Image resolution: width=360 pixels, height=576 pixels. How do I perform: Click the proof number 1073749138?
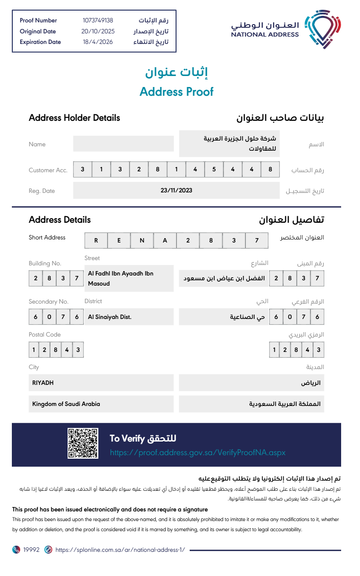(97, 20)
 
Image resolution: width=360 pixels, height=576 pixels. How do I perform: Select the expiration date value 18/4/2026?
(97, 42)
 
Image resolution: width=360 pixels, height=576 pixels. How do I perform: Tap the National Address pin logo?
(323, 29)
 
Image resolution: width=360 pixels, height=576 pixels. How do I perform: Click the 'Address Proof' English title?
(176, 91)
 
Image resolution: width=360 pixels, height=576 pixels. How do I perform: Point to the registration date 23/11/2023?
(176, 190)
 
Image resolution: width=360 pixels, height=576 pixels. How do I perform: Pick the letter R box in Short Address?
(96, 240)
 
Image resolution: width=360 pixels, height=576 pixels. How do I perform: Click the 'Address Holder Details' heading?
(74, 118)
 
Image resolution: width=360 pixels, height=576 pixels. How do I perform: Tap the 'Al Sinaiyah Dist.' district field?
(129, 317)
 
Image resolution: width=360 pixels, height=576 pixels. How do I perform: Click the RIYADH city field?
(101, 383)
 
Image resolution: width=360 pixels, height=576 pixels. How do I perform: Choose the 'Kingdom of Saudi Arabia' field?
(101, 404)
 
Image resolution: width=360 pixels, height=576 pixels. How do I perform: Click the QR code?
(83, 443)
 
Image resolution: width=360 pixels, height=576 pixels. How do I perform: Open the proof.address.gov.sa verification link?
(198, 453)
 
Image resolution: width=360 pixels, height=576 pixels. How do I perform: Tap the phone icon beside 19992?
(16, 550)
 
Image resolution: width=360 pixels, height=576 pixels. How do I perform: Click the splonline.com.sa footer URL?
(120, 550)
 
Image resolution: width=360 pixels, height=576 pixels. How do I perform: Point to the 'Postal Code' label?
(44, 334)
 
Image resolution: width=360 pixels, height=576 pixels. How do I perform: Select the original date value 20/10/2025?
(97, 31)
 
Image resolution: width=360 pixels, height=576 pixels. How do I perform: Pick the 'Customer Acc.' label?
(48, 170)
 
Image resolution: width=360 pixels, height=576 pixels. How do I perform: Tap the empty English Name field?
(123, 144)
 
